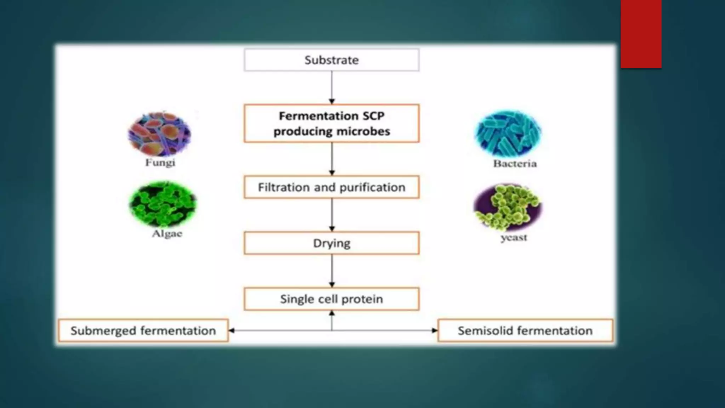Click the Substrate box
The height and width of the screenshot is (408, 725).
coord(331,60)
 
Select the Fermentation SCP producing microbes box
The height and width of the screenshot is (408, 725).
coord(331,123)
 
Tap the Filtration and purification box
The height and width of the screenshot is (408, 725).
coord(331,187)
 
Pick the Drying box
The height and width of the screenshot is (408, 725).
coord(331,243)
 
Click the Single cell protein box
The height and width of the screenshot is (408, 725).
coord(331,299)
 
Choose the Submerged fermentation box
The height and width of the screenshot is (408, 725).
coord(143,330)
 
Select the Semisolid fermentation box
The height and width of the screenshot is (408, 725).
coord(525,330)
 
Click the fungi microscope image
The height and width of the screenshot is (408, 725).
coord(159,134)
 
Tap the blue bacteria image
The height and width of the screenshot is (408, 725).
coord(508,134)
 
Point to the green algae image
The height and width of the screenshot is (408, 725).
coord(162,204)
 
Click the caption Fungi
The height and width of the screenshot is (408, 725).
coord(160,163)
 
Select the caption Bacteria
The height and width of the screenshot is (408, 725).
coord(515,164)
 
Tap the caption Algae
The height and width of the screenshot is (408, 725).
coord(167,234)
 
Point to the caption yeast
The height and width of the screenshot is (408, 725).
coord(514,237)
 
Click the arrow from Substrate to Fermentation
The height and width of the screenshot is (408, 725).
coord(332,87)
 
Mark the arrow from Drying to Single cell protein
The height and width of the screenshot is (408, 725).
coord(332,271)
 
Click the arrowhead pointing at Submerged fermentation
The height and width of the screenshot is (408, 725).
coord(232,330)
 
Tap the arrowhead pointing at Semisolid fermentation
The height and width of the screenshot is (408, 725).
coord(434,330)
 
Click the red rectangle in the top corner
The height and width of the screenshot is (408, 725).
coord(641,34)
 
